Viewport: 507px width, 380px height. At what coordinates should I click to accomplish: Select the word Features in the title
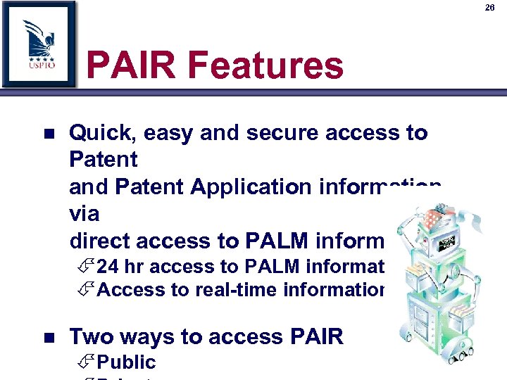(267, 66)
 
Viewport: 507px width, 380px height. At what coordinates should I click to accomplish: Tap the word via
(84, 214)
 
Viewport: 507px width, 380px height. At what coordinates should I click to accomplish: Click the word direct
(101, 241)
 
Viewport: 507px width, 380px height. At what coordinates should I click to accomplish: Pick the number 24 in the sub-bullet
(108, 266)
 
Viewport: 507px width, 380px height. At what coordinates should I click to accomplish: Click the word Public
(126, 362)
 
